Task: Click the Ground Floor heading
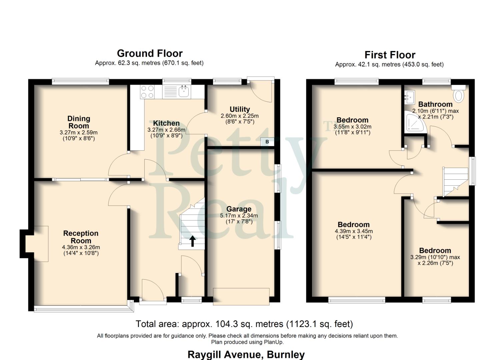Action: tap(150, 53)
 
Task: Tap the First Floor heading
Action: tap(390, 55)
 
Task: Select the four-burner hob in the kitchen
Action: tap(147, 92)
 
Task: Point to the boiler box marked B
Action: tap(267, 142)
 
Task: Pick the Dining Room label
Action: tap(79, 122)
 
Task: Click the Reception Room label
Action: tap(81, 237)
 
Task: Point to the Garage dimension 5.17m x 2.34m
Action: tap(239, 216)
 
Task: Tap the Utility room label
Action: tap(240, 109)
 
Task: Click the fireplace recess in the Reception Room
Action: tap(37, 243)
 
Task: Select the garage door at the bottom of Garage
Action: tap(241, 296)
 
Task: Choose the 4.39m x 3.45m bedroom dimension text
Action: tap(354, 231)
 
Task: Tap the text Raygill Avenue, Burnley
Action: tap(246, 354)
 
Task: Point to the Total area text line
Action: tap(244, 324)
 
